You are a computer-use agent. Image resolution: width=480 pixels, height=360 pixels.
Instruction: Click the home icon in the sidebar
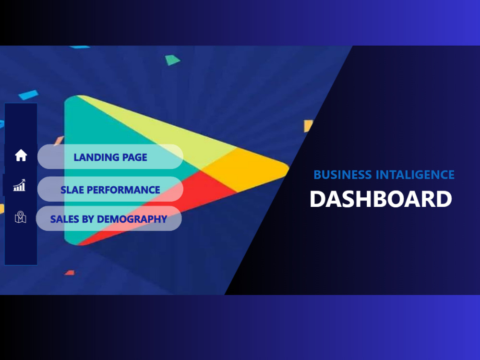click(x=21, y=156)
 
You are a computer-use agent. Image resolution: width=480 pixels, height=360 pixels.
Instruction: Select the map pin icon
click(x=20, y=217)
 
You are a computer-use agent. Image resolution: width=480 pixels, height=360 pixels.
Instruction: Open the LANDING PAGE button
click(x=110, y=157)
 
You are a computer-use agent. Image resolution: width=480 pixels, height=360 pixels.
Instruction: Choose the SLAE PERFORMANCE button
click(x=110, y=190)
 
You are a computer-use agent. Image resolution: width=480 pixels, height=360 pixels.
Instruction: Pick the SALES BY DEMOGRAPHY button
click(x=108, y=219)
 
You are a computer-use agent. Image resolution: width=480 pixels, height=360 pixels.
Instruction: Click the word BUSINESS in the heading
click(x=343, y=175)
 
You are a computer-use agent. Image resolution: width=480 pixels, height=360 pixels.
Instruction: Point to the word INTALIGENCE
click(x=415, y=175)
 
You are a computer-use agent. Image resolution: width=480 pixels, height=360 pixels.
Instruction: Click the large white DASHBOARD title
click(x=381, y=199)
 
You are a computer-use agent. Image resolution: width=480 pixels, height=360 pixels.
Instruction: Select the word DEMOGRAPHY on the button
click(x=132, y=219)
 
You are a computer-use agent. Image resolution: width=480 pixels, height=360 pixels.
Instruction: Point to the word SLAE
click(x=72, y=190)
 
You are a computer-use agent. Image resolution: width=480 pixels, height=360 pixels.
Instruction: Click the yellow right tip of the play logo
click(x=259, y=166)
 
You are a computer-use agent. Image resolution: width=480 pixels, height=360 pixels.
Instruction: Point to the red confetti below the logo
click(x=70, y=273)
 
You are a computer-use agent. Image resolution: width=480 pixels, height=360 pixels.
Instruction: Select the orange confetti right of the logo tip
click(x=308, y=126)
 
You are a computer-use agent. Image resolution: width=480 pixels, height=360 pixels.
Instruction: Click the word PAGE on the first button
click(x=134, y=157)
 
